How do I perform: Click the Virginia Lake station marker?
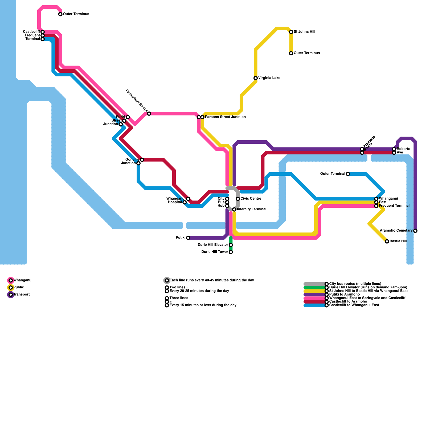point(256,78)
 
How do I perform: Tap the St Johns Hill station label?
point(304,32)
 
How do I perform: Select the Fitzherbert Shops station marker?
point(149,114)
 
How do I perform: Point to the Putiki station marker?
point(188,238)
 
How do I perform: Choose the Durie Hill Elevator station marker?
point(231,245)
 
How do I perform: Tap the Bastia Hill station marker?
point(387,241)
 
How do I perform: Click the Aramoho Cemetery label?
point(396,231)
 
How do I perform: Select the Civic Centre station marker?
point(238,199)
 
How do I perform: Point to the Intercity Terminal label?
point(251,209)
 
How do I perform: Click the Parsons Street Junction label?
point(225,117)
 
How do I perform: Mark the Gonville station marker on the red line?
point(142,160)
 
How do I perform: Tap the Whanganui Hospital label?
point(176,200)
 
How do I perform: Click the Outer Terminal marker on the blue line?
point(348,174)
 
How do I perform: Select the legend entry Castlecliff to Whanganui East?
point(354,305)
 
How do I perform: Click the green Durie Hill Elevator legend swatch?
point(314,288)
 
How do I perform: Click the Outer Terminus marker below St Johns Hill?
point(291,53)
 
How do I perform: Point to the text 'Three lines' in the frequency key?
point(179,298)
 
